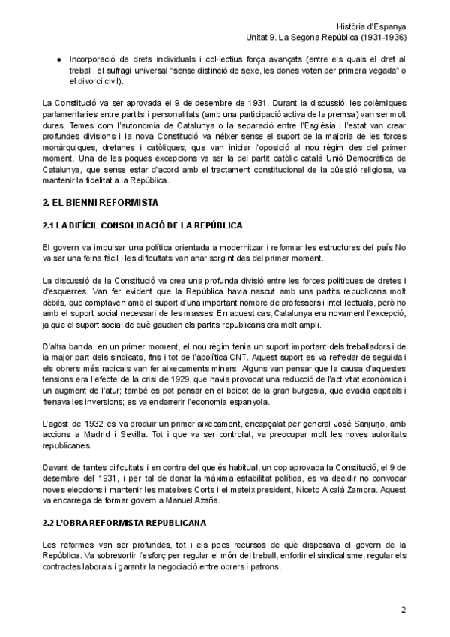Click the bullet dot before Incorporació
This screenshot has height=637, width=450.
[59, 58]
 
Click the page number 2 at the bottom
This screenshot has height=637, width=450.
[403, 610]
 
